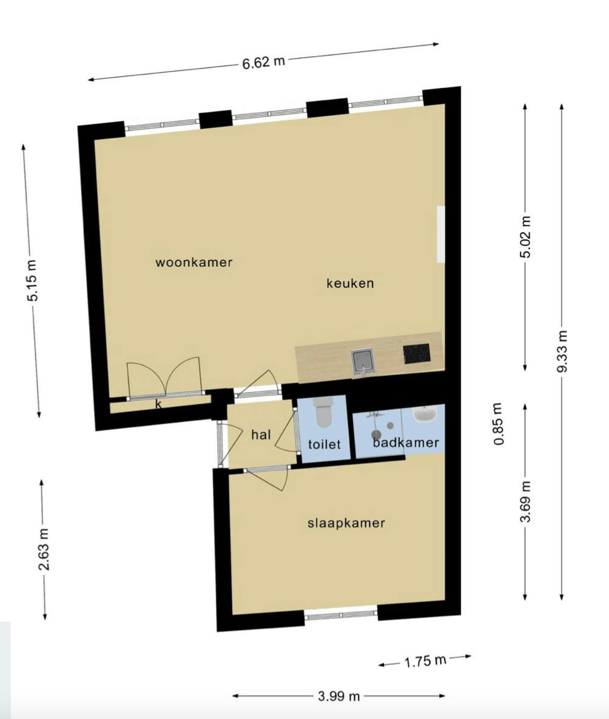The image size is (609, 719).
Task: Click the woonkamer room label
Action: pyautogui.click(x=193, y=263)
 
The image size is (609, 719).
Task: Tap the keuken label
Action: pyautogui.click(x=350, y=283)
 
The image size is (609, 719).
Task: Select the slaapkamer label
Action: pyautogui.click(x=346, y=523)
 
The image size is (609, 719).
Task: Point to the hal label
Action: pyautogui.click(x=261, y=434)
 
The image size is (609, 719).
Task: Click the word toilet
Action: pyautogui.click(x=325, y=444)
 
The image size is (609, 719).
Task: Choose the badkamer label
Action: pyautogui.click(x=406, y=443)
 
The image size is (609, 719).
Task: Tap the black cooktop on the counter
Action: pyautogui.click(x=417, y=353)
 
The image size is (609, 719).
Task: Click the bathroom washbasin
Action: pyautogui.click(x=425, y=414)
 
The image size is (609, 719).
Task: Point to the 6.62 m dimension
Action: pyautogui.click(x=263, y=62)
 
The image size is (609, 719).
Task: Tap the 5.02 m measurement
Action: pyautogui.click(x=525, y=236)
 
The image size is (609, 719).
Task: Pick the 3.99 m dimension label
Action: pyautogui.click(x=338, y=696)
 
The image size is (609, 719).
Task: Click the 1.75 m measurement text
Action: pyautogui.click(x=425, y=661)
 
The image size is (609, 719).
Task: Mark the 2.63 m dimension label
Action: pyautogui.click(x=44, y=549)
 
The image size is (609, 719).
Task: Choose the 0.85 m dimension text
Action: pyautogui.click(x=499, y=424)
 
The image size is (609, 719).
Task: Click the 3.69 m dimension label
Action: pyautogui.click(x=525, y=501)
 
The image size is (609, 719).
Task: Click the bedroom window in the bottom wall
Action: pyautogui.click(x=341, y=615)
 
